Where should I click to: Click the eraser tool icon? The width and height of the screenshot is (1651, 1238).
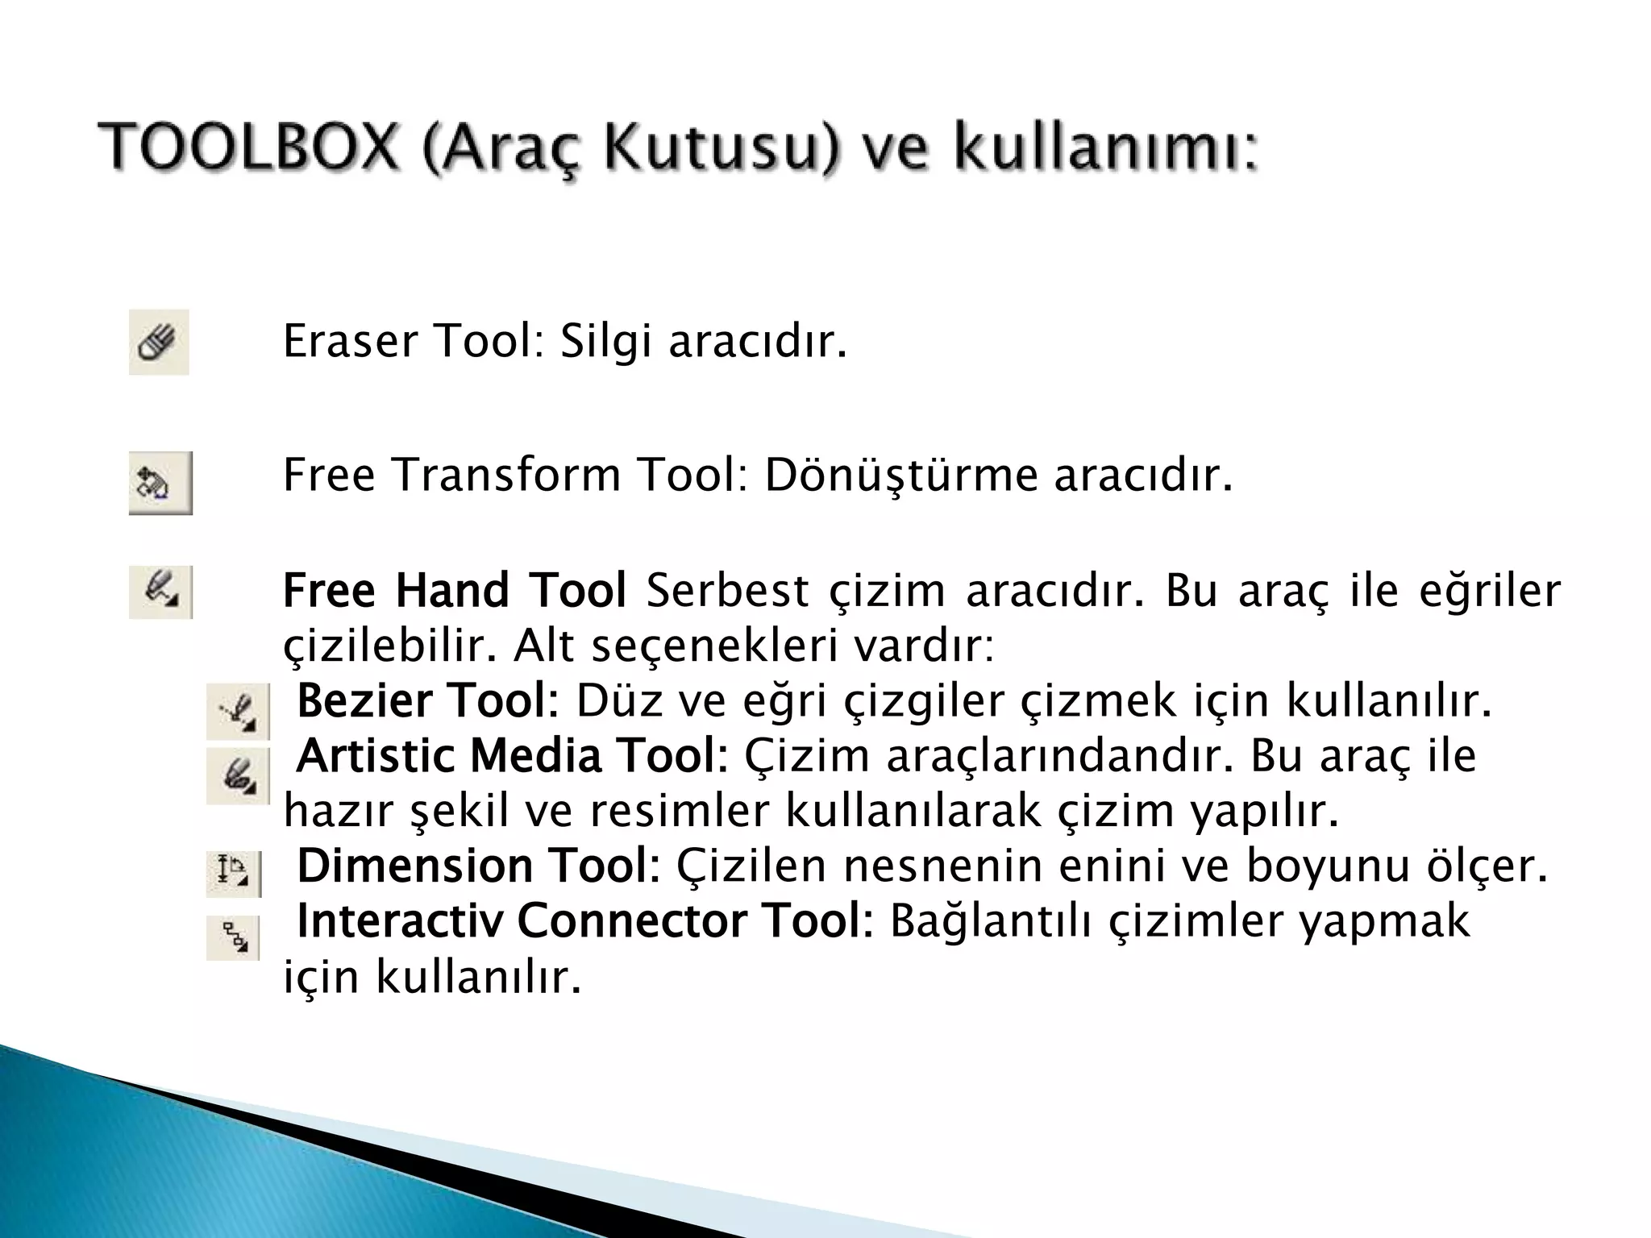[x=159, y=343]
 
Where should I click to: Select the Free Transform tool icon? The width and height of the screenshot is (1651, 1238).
[x=160, y=483]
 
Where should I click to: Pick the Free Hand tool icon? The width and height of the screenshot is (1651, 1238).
[x=160, y=592]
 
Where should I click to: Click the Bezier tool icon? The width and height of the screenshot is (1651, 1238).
[x=238, y=712]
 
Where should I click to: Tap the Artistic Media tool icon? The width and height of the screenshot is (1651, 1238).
[x=238, y=775]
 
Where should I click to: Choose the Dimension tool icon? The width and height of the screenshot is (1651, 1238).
[x=234, y=874]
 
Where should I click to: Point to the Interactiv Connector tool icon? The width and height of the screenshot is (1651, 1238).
[x=233, y=937]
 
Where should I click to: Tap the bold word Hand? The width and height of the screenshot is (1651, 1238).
[x=452, y=590]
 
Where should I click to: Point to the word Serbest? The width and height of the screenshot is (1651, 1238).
[x=727, y=590]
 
